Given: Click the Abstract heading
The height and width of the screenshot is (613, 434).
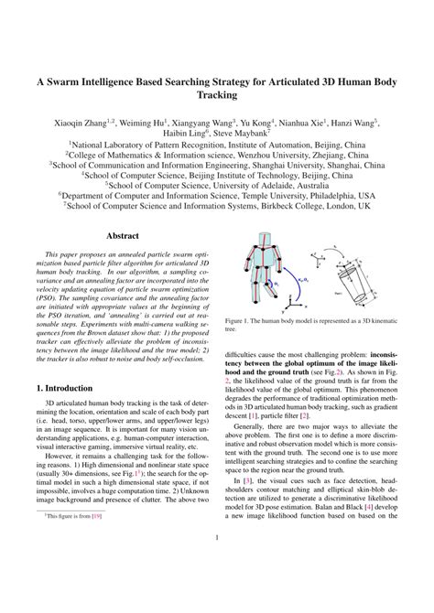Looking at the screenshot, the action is (x=122, y=235).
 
